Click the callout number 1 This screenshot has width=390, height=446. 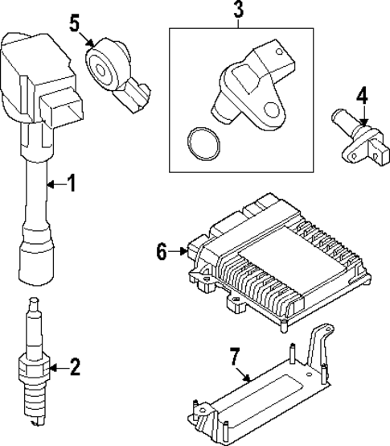click(71, 184)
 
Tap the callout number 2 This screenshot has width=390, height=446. click(75, 369)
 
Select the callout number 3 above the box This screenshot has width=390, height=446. click(238, 11)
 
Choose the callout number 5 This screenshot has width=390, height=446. click(75, 22)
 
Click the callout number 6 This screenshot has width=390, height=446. click(162, 253)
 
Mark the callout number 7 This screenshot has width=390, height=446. click(237, 355)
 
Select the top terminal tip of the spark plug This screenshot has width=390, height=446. click(32, 304)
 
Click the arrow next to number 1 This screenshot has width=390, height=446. click(54, 185)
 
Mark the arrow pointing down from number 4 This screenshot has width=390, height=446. click(363, 117)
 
